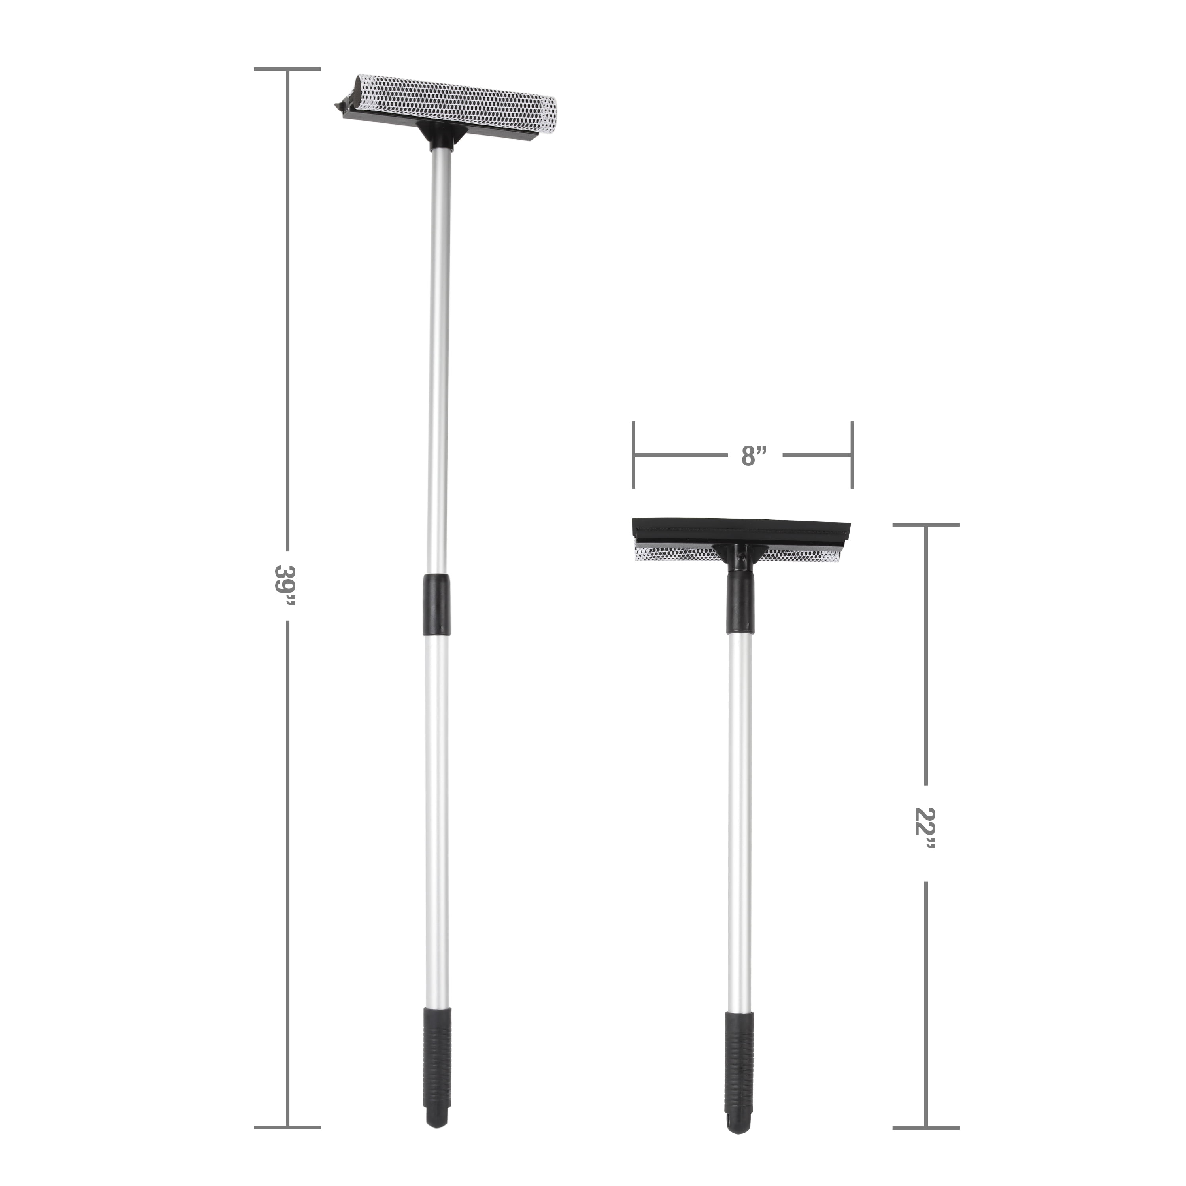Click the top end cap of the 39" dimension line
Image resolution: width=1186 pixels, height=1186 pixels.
287,69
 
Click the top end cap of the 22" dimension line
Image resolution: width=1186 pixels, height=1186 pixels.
926,525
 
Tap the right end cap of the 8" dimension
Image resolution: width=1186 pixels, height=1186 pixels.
852,455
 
